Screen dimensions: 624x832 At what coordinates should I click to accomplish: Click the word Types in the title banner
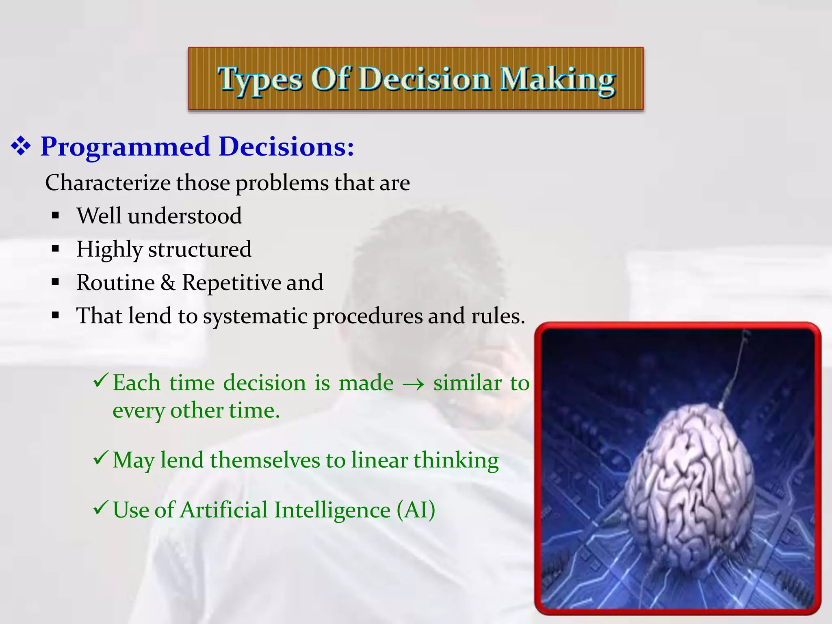pos(260,79)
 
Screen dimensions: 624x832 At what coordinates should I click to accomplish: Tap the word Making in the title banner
pos(557,79)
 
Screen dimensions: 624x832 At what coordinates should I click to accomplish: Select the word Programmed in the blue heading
pos(125,147)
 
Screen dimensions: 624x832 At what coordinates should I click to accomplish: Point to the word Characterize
pos(108,183)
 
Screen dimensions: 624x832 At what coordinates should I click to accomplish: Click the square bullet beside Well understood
pos(56,215)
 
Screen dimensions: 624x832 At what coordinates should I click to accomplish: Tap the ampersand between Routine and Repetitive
pos(168,283)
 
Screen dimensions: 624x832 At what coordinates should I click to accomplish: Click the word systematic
pos(255,316)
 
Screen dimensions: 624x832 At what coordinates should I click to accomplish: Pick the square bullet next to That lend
pos(56,315)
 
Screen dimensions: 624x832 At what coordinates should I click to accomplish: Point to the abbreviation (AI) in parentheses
pos(416,510)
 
